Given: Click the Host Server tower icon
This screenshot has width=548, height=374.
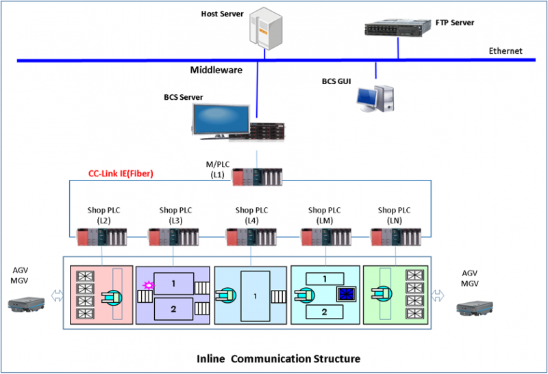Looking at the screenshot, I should click(x=266, y=29).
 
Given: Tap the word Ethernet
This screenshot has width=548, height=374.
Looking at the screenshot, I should click(x=506, y=51).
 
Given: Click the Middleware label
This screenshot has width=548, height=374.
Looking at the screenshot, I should click(x=216, y=70).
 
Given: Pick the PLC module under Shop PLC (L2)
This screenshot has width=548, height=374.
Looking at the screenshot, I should click(x=103, y=237).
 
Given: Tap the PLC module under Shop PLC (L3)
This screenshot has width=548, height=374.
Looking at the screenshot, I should click(x=174, y=237).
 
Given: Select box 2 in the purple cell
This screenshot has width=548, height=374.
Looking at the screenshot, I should click(x=173, y=309).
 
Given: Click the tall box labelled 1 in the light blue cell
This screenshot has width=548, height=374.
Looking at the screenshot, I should click(x=255, y=297).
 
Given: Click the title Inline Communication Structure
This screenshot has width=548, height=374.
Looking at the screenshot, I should click(x=278, y=358).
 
